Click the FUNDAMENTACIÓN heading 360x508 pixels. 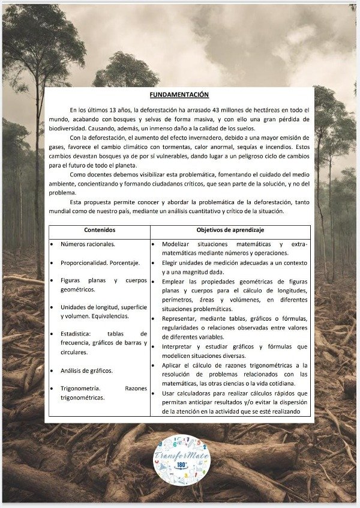pos(179,94)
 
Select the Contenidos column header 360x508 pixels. pos(100,230)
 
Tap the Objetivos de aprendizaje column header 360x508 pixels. pos(230,230)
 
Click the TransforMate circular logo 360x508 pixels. pos(181,460)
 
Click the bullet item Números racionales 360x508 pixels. pos(88,244)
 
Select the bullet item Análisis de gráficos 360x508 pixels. pos(86,370)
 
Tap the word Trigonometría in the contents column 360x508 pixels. pos(80,389)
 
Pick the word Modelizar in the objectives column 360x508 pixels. pos(176,244)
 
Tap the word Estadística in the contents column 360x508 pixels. pos(77,334)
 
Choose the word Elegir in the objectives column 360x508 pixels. pos(172,262)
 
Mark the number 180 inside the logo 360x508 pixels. pos(181,465)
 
